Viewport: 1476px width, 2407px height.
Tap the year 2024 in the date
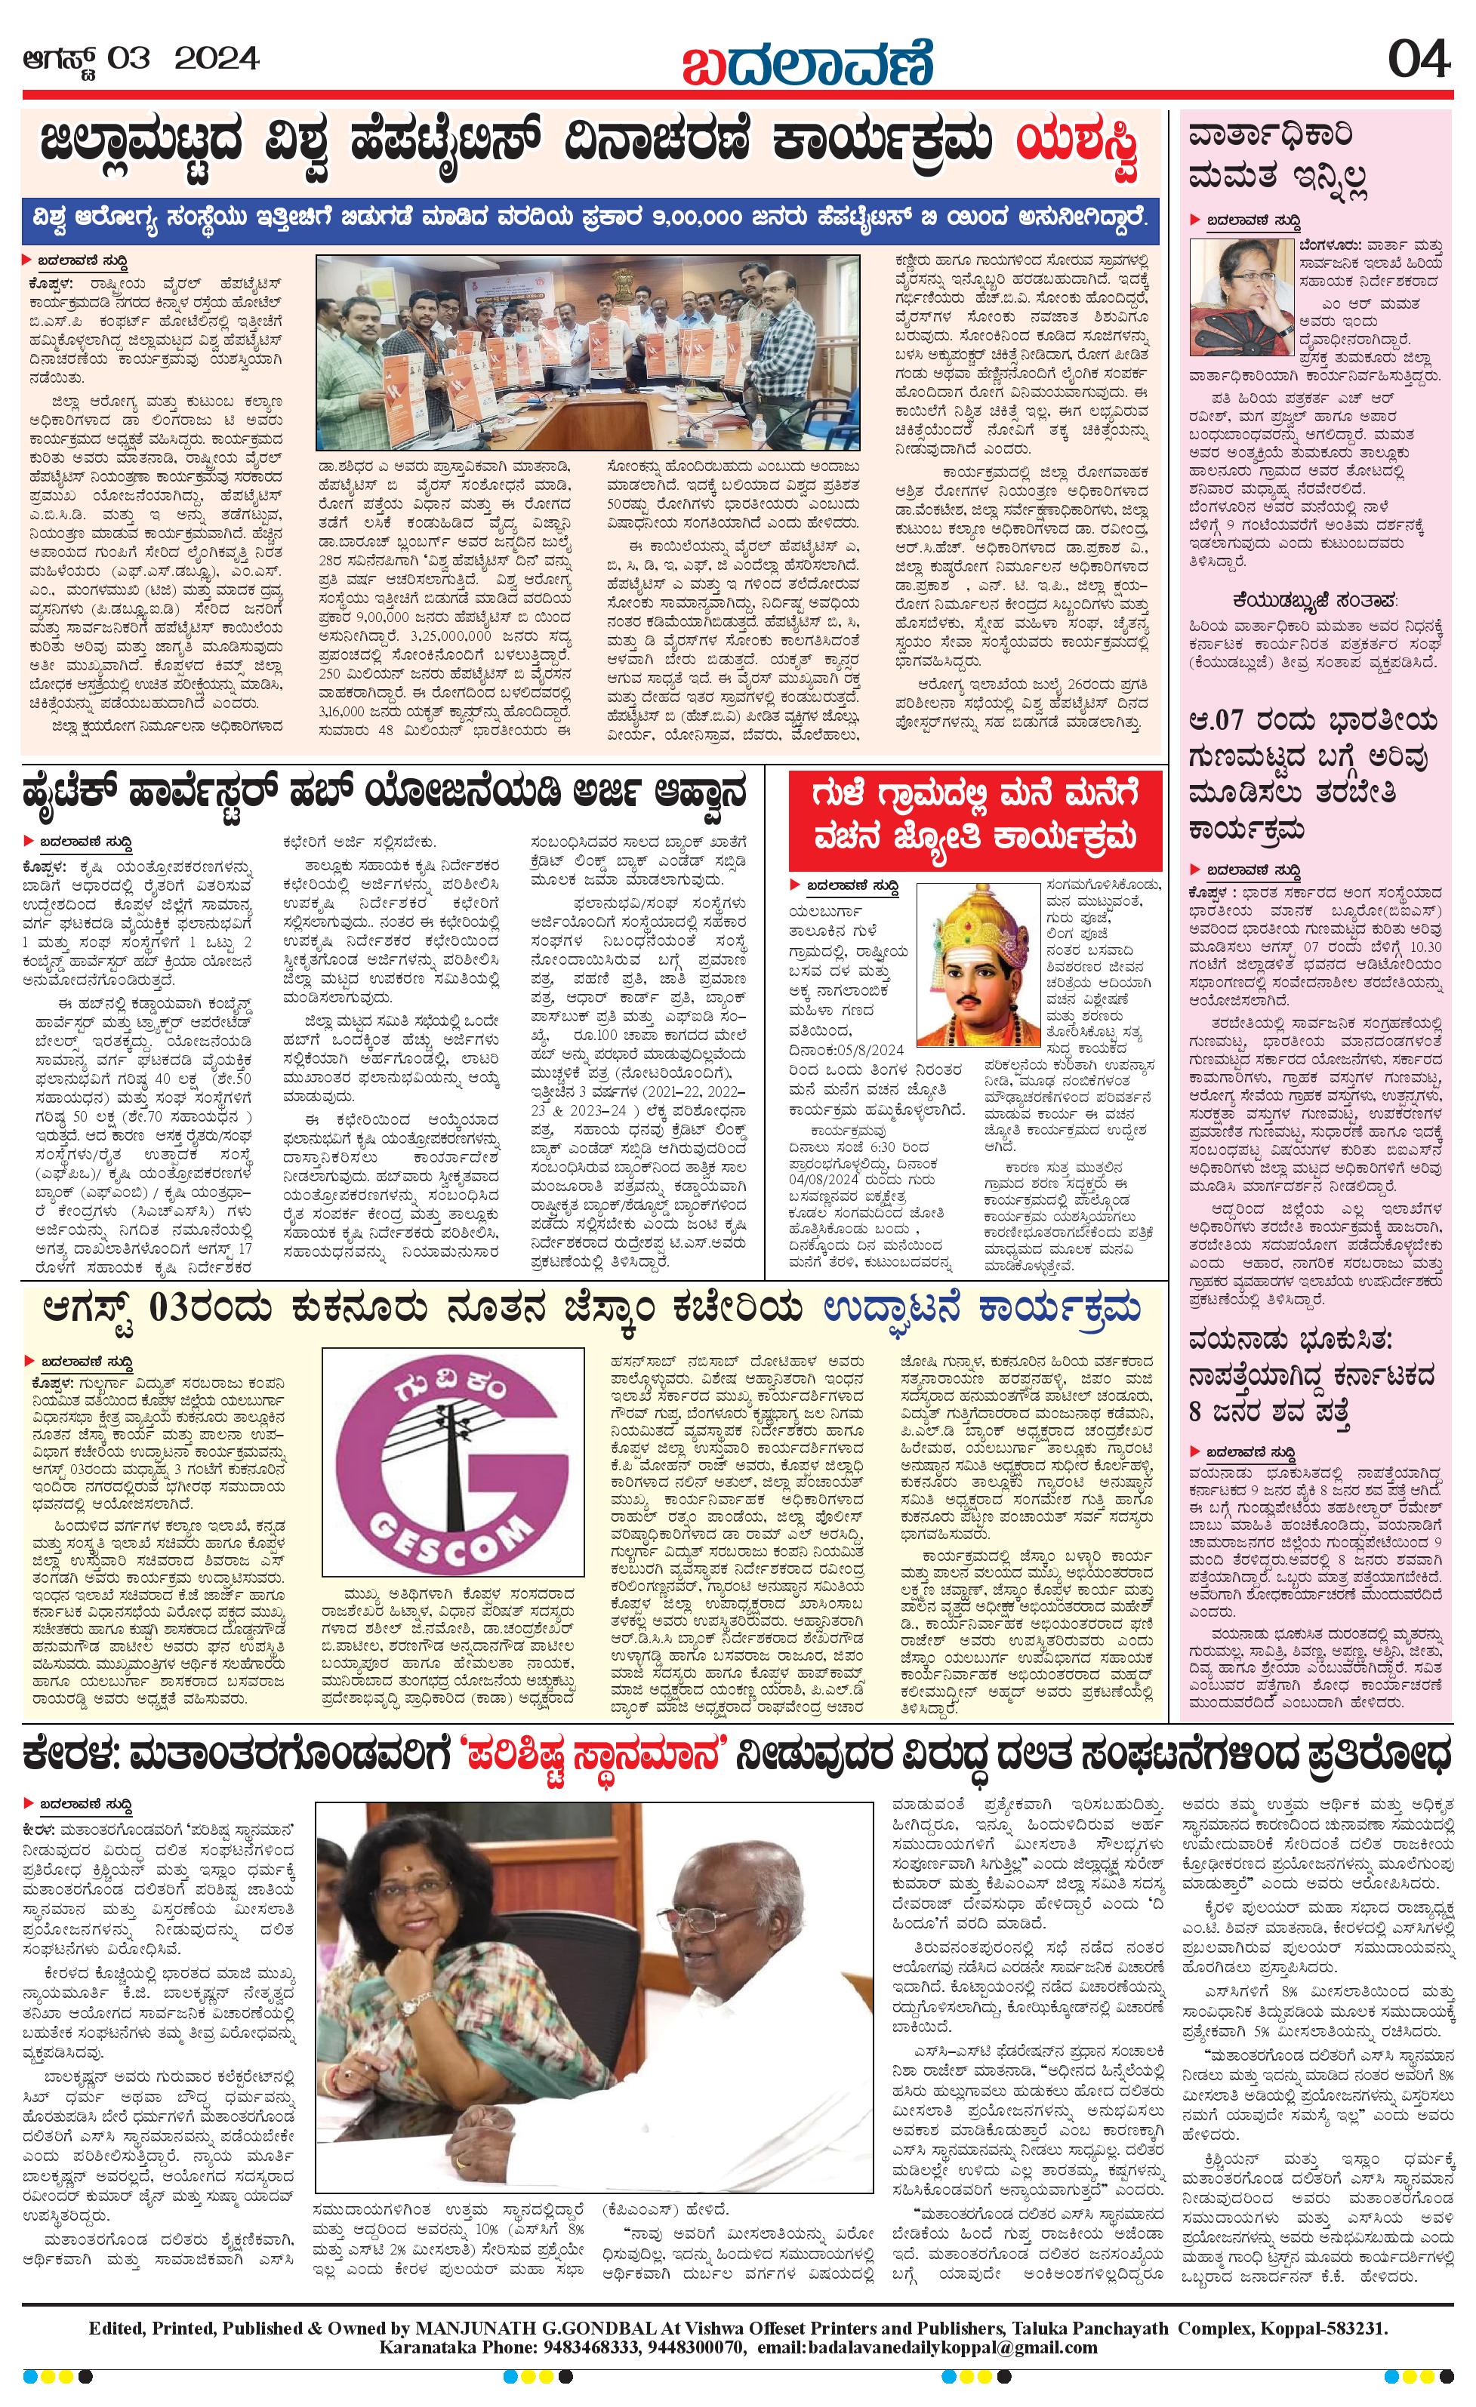216,60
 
